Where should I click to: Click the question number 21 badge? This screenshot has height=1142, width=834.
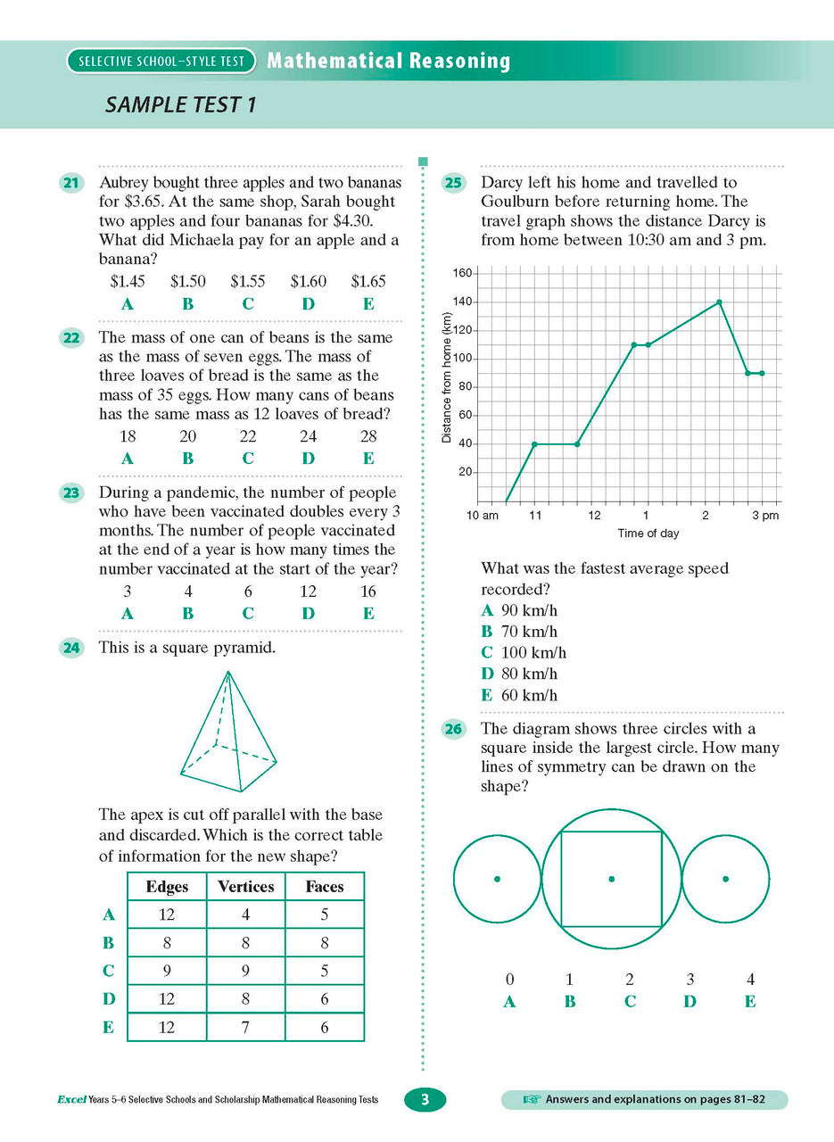tap(70, 184)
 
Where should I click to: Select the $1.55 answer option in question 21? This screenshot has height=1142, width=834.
tap(247, 282)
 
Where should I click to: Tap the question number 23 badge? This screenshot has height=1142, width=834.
tap(70, 493)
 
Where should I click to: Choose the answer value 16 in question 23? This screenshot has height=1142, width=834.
tap(367, 592)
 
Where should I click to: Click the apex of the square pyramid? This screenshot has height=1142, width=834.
tap(228, 672)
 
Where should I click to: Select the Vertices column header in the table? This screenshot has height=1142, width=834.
tap(245, 886)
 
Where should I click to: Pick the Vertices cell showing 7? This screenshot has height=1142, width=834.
tap(245, 1027)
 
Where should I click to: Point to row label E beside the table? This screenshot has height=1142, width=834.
tap(108, 1027)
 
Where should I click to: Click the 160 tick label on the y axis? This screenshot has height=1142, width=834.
tap(461, 273)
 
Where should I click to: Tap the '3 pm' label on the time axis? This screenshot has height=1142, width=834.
tap(764, 516)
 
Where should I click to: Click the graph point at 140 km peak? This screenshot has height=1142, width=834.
tap(719, 302)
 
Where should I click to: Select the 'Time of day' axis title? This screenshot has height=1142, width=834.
tap(648, 534)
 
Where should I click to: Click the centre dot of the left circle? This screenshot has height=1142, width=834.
tap(497, 879)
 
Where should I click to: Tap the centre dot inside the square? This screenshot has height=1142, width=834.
tap(611, 879)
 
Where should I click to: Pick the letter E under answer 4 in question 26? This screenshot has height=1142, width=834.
tap(749, 1002)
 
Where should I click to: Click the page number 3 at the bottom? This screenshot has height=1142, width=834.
tap(425, 1100)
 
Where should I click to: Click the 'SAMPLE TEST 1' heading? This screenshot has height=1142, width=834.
tap(181, 104)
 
